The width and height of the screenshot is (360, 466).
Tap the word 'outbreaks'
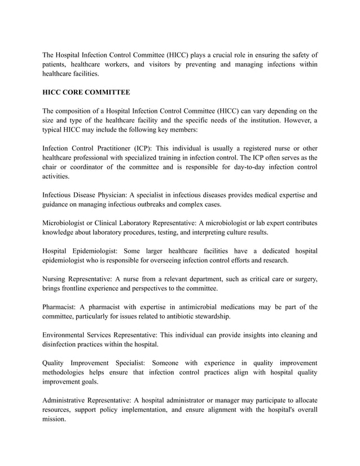coord(164,205)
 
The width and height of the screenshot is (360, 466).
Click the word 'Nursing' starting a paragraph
coord(55,279)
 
